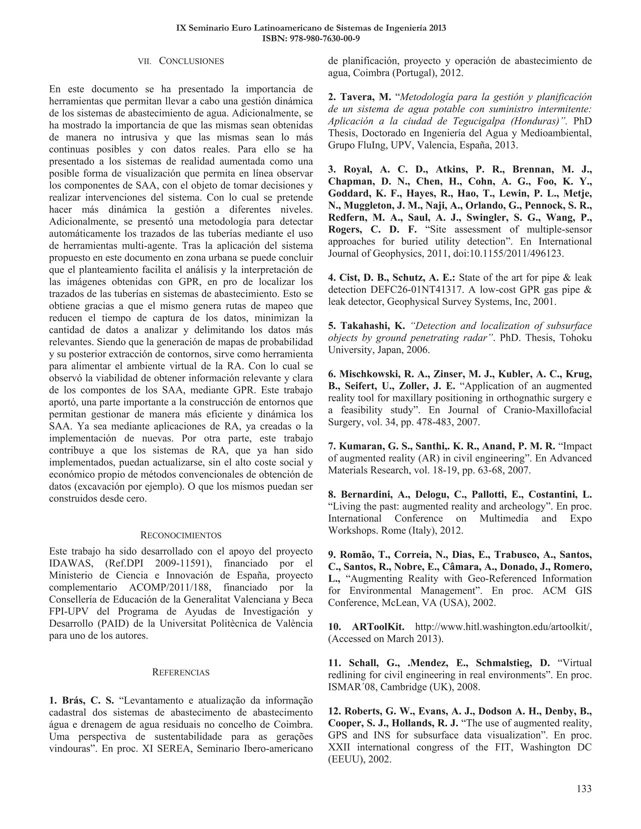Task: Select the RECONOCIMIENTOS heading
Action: [181, 535]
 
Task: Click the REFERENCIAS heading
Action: [181, 672]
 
